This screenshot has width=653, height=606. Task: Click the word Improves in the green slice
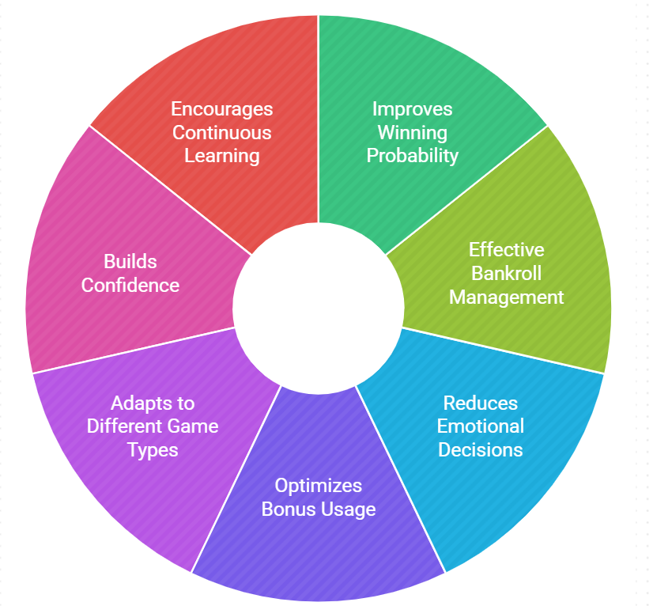point(413,108)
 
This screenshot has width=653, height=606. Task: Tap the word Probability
point(413,156)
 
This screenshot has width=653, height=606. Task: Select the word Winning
point(413,132)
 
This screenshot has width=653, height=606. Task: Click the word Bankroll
point(507,274)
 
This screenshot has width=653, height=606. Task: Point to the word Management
point(507,297)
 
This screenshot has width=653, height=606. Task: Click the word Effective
point(507,250)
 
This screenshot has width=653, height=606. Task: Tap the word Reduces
point(481,403)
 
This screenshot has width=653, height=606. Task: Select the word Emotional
point(481,426)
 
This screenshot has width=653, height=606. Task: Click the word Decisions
point(481,450)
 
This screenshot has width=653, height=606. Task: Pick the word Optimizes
point(319,485)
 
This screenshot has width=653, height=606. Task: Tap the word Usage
point(347,509)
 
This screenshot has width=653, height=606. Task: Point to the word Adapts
point(142,403)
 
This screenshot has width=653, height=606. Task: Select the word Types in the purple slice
point(153,450)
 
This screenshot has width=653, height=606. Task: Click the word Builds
point(130,261)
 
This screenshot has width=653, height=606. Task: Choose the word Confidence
point(130,285)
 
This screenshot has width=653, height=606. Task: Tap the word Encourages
point(222,108)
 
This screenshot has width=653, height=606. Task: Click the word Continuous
point(222,132)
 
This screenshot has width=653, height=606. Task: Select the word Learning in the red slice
point(222,156)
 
